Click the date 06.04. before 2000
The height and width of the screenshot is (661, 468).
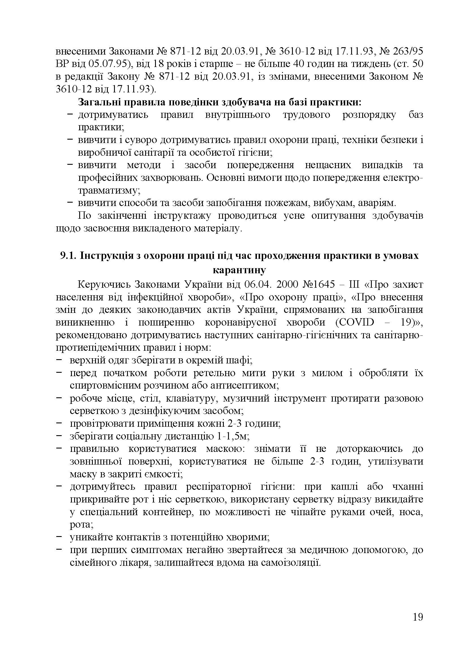[258, 285]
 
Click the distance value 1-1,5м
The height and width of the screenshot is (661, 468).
[232, 436]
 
